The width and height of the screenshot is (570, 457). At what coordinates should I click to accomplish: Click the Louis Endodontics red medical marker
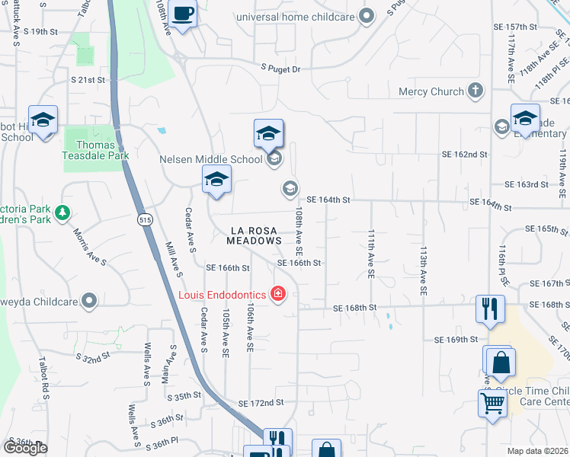click(x=277, y=294)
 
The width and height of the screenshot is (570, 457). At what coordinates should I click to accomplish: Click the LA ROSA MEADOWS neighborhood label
click(x=255, y=235)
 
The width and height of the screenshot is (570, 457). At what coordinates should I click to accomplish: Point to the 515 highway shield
click(x=143, y=219)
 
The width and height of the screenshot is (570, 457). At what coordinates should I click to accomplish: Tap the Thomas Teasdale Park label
click(x=96, y=150)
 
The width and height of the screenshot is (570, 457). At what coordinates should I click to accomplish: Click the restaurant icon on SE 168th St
click(x=489, y=308)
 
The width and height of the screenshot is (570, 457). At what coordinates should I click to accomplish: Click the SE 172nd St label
click(x=261, y=402)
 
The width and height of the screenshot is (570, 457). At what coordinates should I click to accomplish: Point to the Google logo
click(x=25, y=448)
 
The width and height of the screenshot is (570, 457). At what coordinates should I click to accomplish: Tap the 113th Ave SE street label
click(x=423, y=270)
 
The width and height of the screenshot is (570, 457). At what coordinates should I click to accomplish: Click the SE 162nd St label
click(x=464, y=155)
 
